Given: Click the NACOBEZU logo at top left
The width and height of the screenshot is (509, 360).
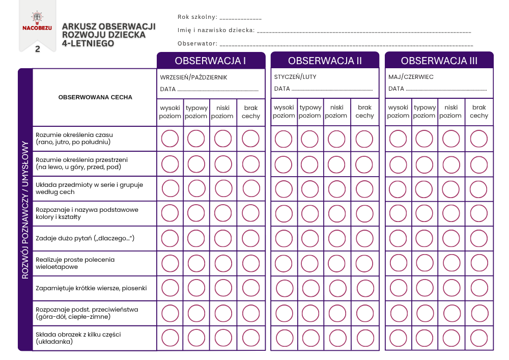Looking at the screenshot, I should coord(37,23).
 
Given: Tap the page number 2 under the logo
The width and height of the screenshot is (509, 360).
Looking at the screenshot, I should coord(37,49).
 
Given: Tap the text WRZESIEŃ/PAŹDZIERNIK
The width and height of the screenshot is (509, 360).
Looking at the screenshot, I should coord(193,77).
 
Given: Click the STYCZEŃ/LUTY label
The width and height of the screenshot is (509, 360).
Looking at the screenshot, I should coord(295,77).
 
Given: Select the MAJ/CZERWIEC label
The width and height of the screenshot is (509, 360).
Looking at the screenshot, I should coord(411,77).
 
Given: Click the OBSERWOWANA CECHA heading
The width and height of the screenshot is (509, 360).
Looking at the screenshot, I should coord(95,97).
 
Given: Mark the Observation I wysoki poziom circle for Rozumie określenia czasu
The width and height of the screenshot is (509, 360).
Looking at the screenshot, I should coord(170,139).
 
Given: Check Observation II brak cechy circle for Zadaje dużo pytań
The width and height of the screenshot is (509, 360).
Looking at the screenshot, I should coord(364,238).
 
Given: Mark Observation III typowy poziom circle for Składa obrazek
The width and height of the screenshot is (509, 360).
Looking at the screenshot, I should coord(425,338).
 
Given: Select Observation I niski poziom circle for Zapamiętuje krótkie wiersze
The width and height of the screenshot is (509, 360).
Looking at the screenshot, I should coord(223,288).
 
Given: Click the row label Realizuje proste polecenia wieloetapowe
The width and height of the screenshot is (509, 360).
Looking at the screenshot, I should coord(75,263).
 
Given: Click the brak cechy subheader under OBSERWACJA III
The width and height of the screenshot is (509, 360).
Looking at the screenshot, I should coord(479,112).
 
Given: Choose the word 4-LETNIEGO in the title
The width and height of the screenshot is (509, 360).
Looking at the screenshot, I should coord(88,44).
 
